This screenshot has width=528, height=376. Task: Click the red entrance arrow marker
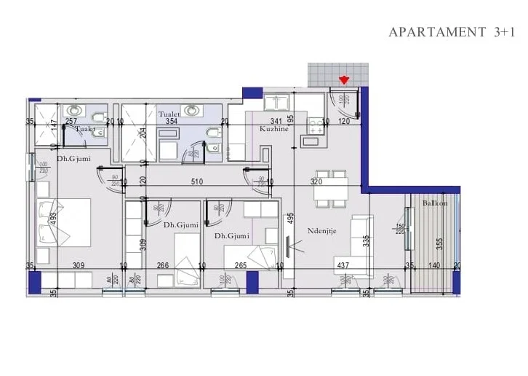(x=344, y=79)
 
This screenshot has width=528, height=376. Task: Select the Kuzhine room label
(x=273, y=129)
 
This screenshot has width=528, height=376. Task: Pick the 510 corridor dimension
(x=196, y=181)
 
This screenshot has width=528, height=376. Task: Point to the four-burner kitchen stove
(x=316, y=126)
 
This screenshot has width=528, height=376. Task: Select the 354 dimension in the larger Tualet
(x=172, y=121)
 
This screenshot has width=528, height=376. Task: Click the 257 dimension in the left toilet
(x=71, y=121)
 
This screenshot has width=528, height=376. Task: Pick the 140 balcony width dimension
(x=434, y=266)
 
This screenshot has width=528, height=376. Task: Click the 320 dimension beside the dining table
(x=316, y=181)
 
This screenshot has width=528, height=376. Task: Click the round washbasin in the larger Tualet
(x=191, y=110)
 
